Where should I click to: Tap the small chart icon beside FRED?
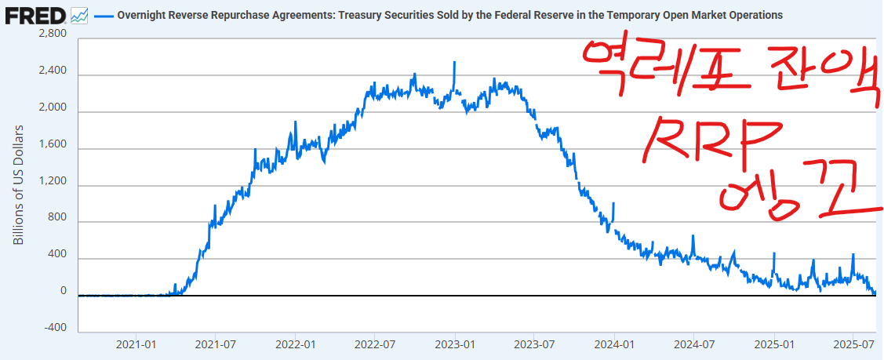click(79, 15)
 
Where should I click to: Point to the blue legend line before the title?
click(103, 16)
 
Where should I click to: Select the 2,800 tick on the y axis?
click(51, 34)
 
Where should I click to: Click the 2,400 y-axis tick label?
click(51, 71)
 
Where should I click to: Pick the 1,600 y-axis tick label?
click(51, 145)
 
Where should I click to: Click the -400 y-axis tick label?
click(55, 328)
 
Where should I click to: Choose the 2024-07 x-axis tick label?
click(695, 344)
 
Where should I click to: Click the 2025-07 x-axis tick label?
click(854, 344)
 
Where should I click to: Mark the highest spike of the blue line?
click(454, 62)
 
